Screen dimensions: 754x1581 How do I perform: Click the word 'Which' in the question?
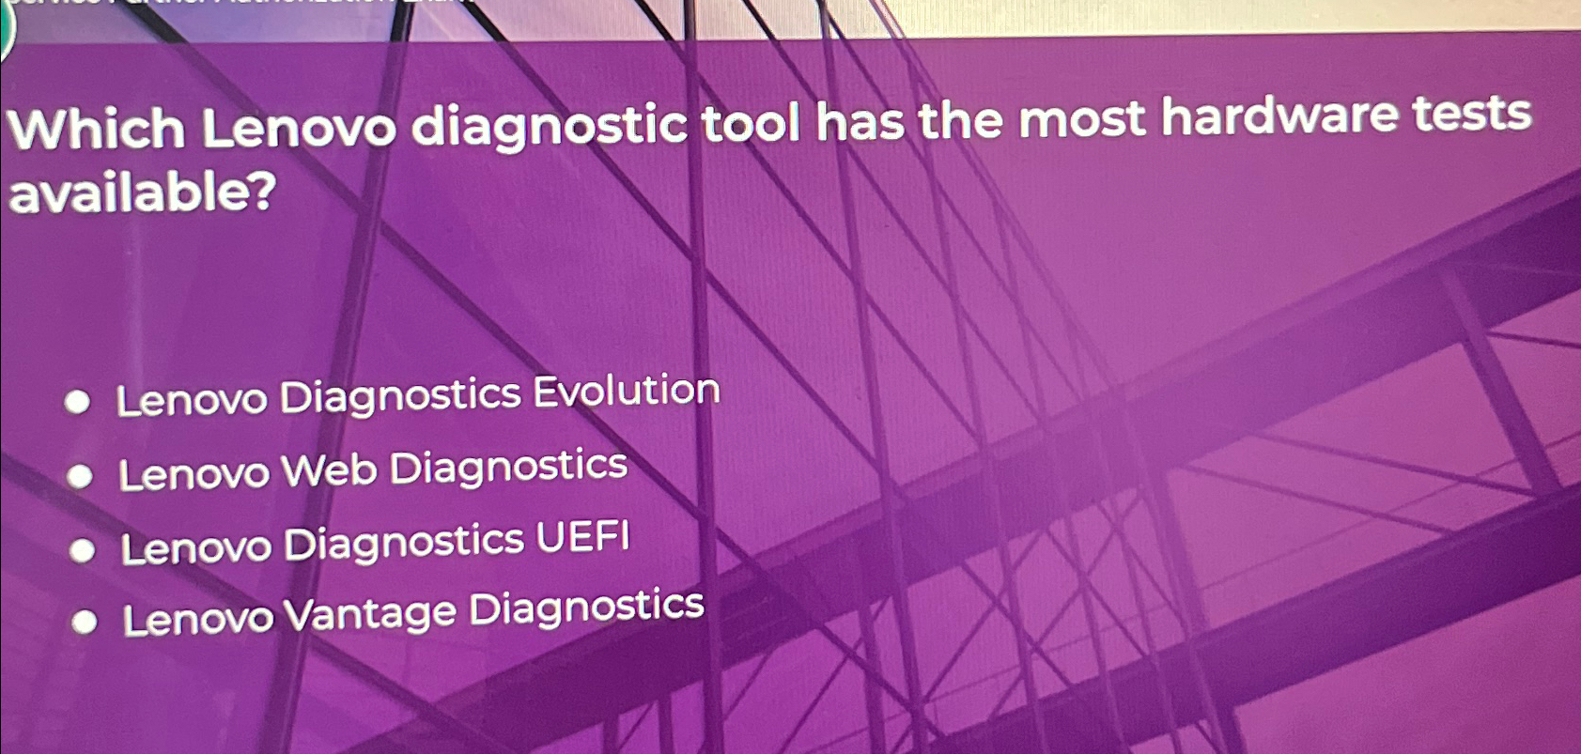[x=97, y=129]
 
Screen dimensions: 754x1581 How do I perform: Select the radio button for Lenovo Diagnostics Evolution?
[x=77, y=404]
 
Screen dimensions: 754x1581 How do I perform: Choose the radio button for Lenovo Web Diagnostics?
[x=80, y=478]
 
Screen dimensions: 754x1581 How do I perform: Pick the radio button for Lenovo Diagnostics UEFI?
[x=83, y=550]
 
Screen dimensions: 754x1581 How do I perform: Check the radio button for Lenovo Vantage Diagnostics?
[x=85, y=623]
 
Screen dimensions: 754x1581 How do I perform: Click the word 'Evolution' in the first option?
[x=627, y=390]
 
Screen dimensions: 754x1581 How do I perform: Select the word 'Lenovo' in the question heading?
[x=300, y=129]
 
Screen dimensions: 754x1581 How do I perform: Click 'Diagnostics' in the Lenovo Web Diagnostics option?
[x=508, y=467]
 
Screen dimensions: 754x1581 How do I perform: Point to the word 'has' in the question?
[x=860, y=122]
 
